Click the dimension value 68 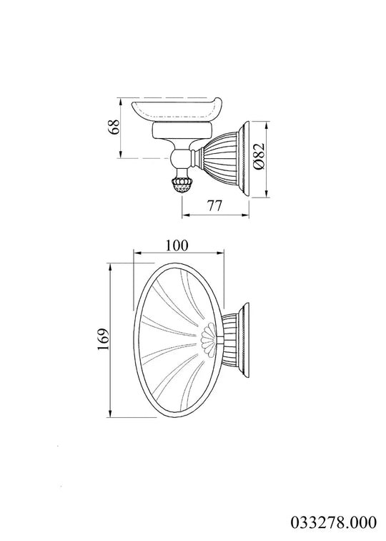pos(114,127)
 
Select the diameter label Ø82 pos(259,155)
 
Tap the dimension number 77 pos(214,205)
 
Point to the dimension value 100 pos(177,245)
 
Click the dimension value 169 pos(103,339)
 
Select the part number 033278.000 pos(334,522)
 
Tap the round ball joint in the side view pos(180,158)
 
